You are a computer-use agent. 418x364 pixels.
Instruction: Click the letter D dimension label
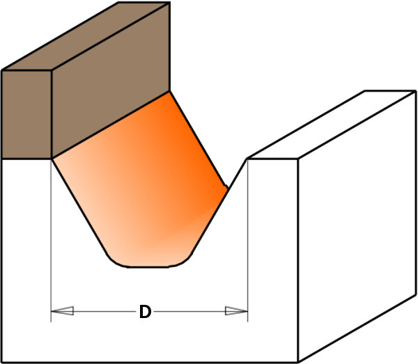[146, 312]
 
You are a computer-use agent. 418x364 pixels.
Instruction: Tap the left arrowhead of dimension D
[62, 311]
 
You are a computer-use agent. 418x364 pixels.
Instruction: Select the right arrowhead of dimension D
[236, 311]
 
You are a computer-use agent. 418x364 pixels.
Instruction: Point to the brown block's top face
[86, 36]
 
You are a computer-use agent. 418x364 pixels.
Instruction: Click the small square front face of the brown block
[26, 115]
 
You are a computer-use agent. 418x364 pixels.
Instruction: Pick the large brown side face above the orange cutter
[111, 80]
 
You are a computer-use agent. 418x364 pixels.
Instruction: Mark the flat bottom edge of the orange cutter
[148, 267]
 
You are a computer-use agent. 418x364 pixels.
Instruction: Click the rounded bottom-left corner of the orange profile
[116, 261]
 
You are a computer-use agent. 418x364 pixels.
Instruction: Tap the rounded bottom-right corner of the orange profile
[182, 262]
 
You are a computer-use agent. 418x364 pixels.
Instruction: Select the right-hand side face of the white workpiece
[357, 226]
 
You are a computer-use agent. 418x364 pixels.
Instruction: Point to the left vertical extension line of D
[51, 240]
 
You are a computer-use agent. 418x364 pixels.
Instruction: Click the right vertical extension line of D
[247, 240]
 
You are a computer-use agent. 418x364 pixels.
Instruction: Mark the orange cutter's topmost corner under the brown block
[169, 91]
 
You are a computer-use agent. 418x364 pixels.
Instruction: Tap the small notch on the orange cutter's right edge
[226, 187]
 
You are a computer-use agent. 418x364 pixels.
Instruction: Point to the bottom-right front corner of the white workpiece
[297, 362]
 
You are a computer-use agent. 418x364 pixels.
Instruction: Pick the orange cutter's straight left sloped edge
[79, 206]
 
